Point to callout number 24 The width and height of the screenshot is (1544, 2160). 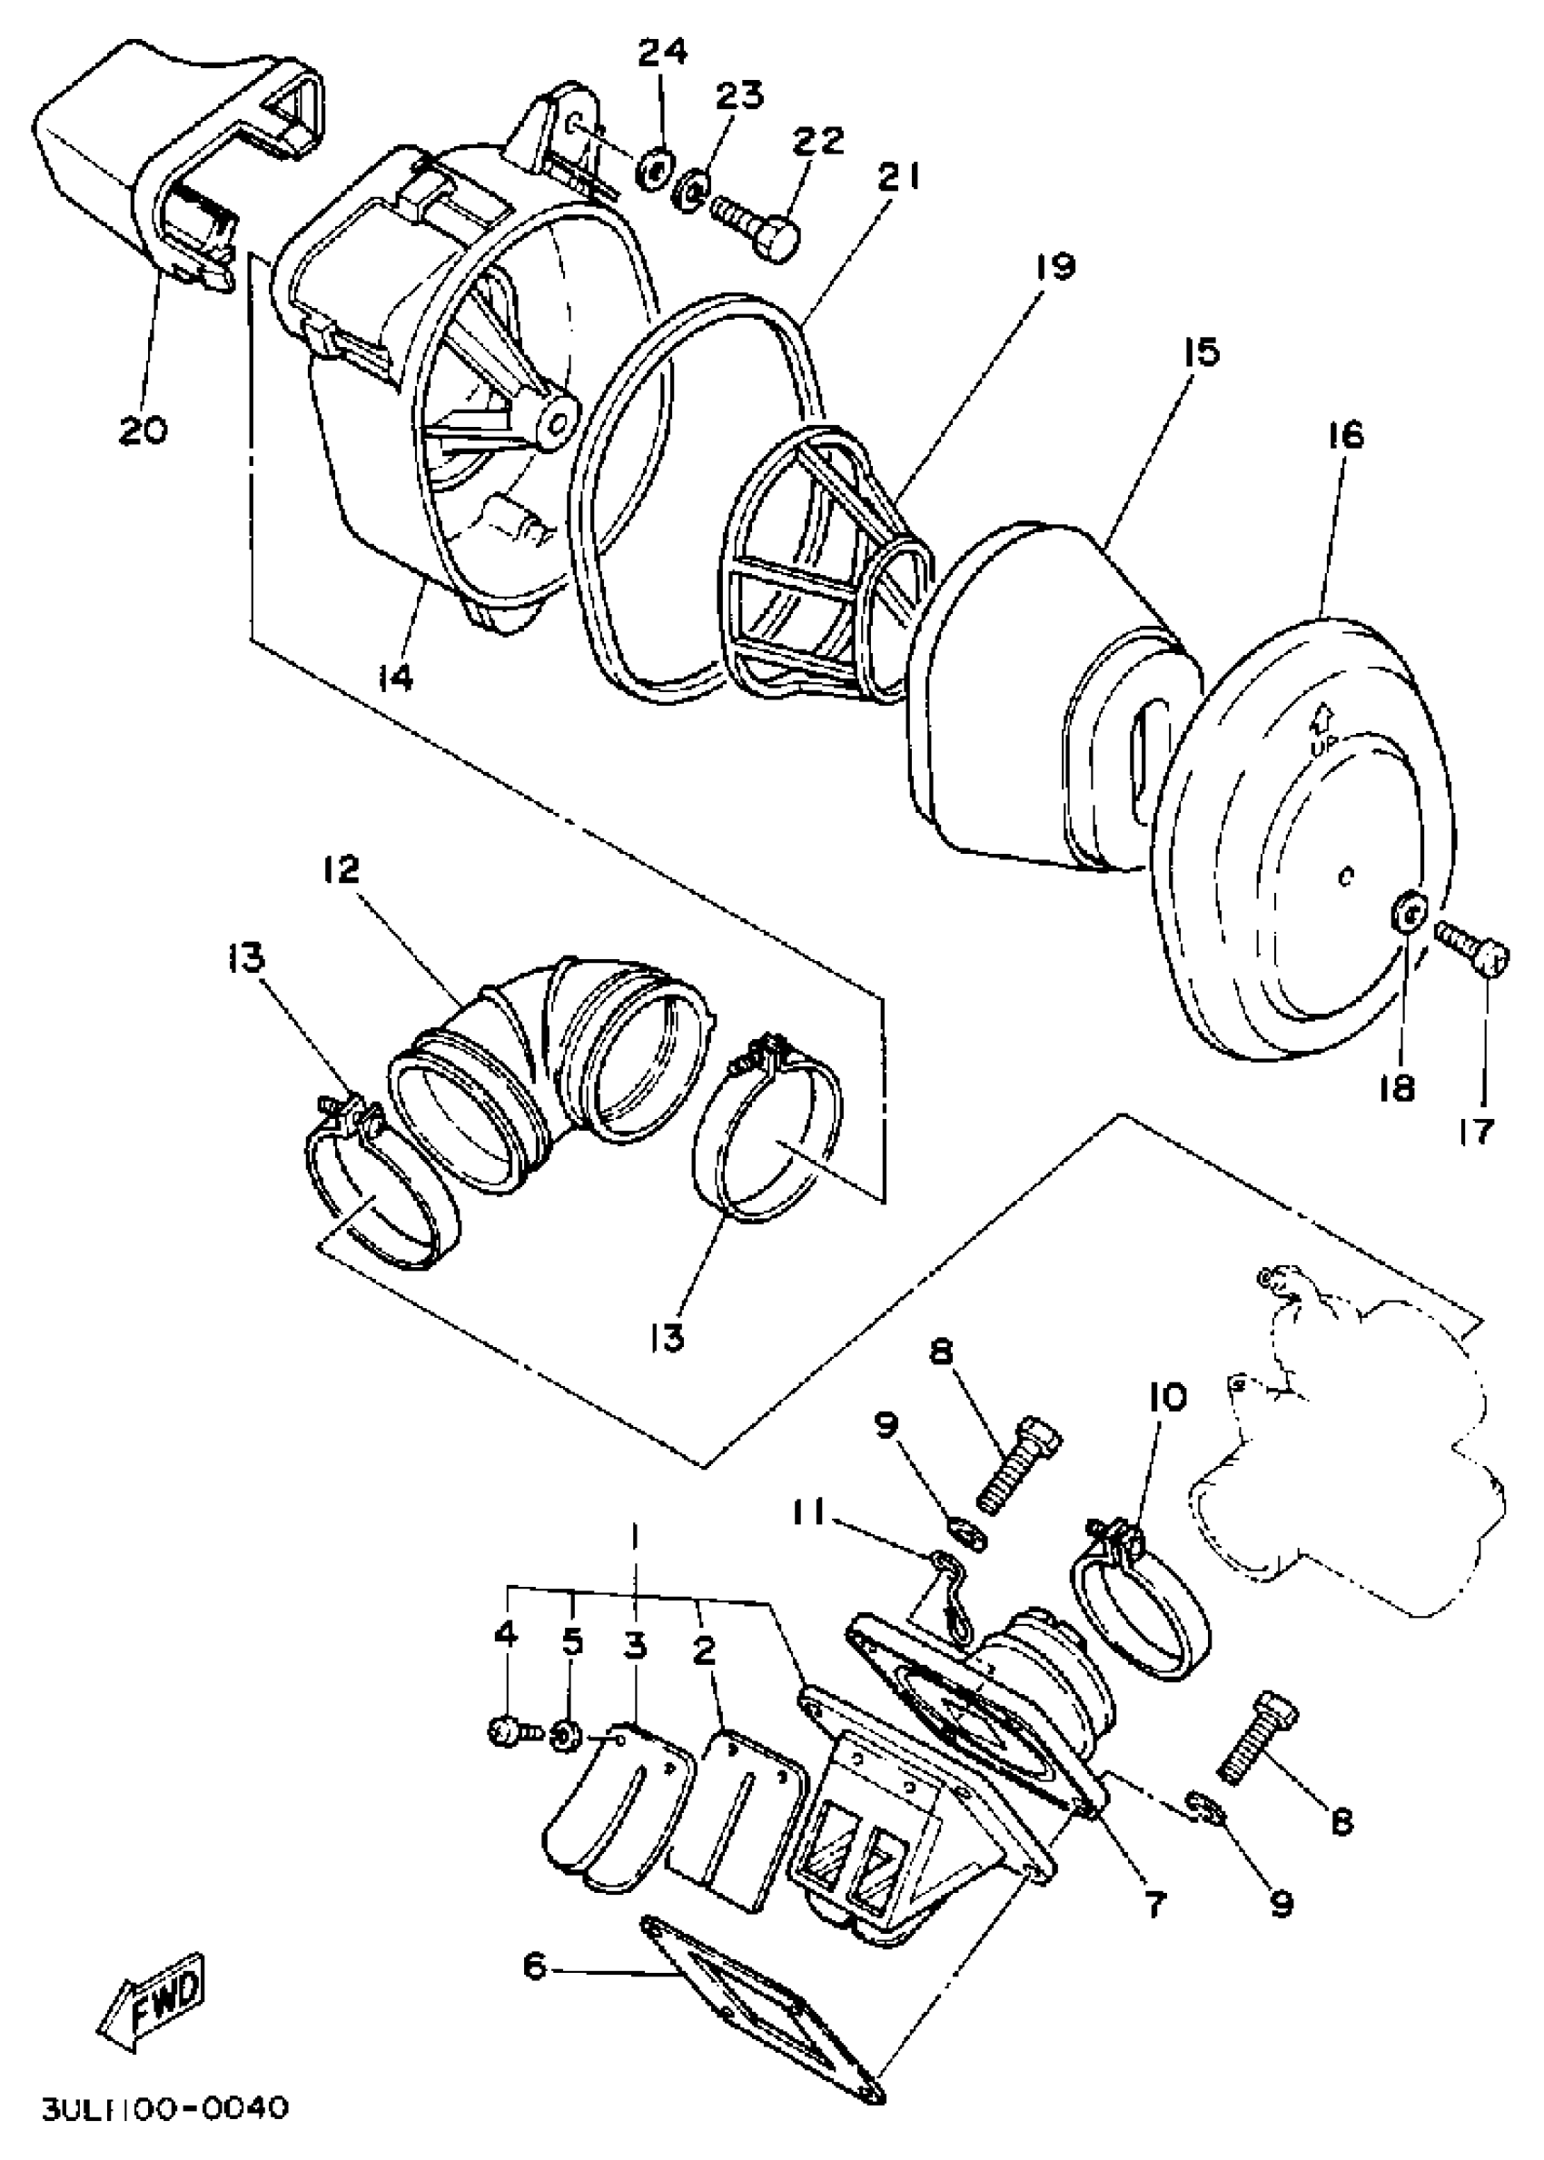[x=663, y=55]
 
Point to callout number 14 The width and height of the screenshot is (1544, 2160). [x=394, y=678]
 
